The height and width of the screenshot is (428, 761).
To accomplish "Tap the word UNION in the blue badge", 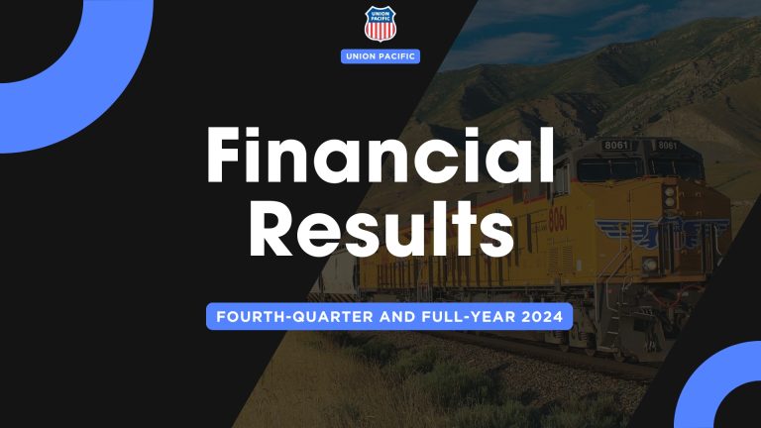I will tap(364, 56).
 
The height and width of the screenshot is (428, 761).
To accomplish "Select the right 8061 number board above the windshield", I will tap(667, 146).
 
